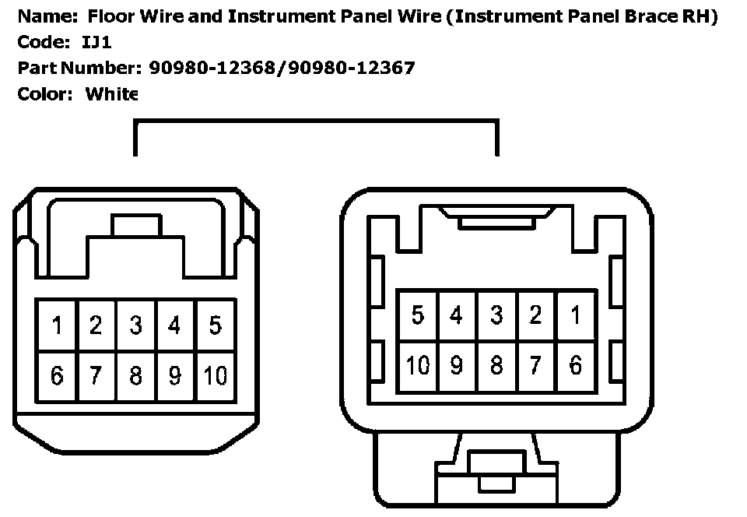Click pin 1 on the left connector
(x=56, y=325)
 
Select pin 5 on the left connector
(x=215, y=325)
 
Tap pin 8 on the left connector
(x=135, y=375)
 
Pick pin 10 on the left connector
(x=215, y=375)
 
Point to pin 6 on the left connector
(x=56, y=375)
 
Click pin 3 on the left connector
(x=135, y=325)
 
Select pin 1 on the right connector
(x=576, y=315)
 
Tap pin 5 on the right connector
(x=418, y=315)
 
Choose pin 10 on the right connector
(x=418, y=364)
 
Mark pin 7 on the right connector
(x=535, y=364)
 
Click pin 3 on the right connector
(x=496, y=315)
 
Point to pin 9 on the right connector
(x=457, y=364)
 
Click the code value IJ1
(x=96, y=42)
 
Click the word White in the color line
(x=111, y=94)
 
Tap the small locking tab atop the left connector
(x=135, y=226)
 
